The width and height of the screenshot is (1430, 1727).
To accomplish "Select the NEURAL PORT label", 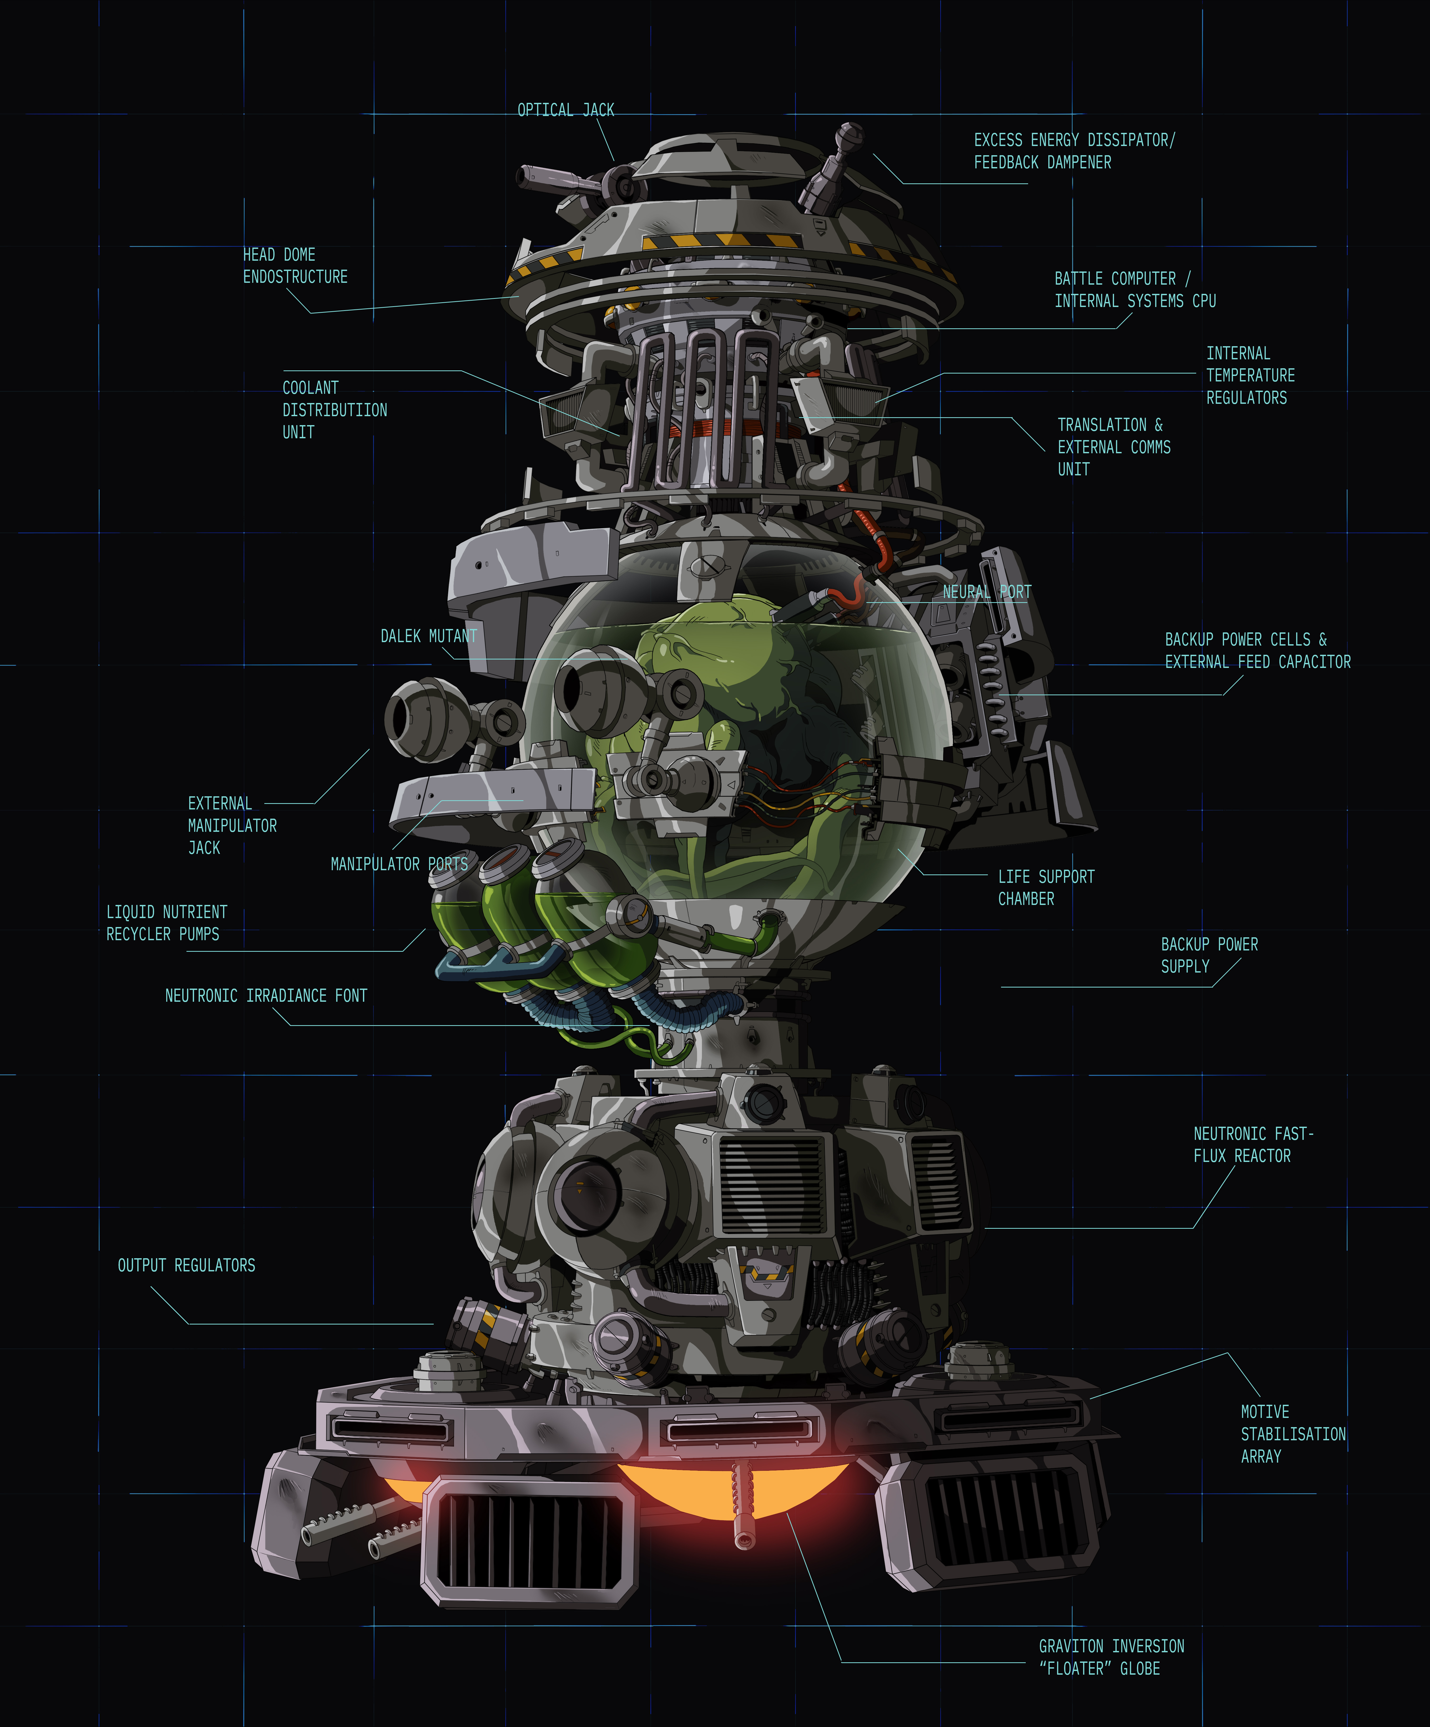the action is (x=987, y=592).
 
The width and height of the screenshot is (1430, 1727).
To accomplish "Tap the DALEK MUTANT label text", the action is (x=428, y=636).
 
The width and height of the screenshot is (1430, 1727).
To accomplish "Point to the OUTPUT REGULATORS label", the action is (x=187, y=1265).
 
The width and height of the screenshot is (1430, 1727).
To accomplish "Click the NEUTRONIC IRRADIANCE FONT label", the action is (x=266, y=995).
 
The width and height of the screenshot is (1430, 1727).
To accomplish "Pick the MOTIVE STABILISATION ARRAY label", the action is (x=1293, y=1433).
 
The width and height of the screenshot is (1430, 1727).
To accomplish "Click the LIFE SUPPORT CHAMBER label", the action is (x=1046, y=887).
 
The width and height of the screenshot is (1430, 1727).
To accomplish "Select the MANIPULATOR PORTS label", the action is (x=400, y=863).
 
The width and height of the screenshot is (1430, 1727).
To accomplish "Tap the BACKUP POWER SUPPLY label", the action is (x=1209, y=955).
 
